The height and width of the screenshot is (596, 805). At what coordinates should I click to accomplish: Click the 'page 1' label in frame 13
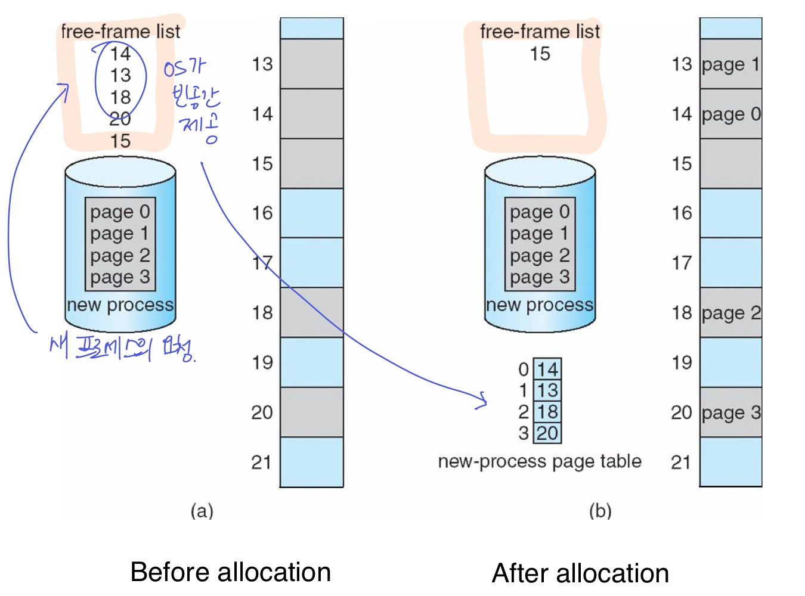click(x=730, y=64)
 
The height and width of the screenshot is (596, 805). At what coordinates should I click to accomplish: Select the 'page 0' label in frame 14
click(x=730, y=114)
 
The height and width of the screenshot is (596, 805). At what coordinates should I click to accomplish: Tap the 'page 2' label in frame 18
click(x=730, y=313)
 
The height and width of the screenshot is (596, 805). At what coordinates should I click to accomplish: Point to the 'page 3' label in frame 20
click(x=730, y=412)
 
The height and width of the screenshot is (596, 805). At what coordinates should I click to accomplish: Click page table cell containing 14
click(x=547, y=369)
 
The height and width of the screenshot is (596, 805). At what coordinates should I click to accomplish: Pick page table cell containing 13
click(x=547, y=390)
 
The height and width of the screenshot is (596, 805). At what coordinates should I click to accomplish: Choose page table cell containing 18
click(x=547, y=412)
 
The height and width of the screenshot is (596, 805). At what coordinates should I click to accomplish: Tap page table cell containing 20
click(x=547, y=433)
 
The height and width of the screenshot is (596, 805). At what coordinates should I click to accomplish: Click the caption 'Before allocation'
click(x=230, y=572)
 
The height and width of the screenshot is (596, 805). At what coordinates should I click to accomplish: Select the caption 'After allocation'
click(x=580, y=573)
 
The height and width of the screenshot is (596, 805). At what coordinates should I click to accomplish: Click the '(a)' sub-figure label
click(x=202, y=511)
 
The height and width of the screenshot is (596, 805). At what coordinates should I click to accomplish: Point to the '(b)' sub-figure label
click(x=600, y=511)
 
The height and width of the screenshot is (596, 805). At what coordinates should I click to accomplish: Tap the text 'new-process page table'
click(x=540, y=461)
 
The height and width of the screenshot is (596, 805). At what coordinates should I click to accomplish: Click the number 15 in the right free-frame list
click(x=540, y=54)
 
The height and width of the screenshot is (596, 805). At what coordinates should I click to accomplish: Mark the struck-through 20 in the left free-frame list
click(x=120, y=119)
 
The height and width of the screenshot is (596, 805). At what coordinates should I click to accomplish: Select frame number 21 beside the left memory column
click(x=262, y=462)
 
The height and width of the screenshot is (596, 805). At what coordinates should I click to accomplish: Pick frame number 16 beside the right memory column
click(x=682, y=213)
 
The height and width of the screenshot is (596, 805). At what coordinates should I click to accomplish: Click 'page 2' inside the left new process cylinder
click(x=120, y=256)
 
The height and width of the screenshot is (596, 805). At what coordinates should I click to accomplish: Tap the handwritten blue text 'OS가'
click(x=185, y=69)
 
